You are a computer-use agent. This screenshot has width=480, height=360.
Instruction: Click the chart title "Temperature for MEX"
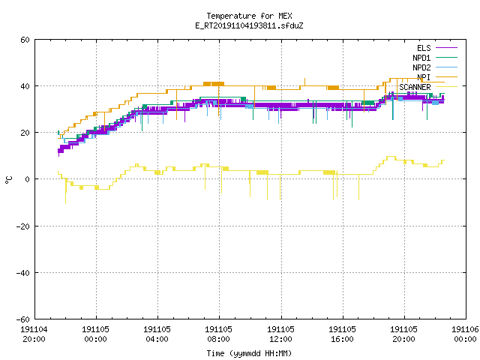(x=249, y=16)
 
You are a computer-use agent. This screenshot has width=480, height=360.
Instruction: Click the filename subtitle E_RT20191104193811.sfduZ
(x=249, y=25)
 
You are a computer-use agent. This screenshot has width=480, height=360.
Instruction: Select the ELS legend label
(x=424, y=48)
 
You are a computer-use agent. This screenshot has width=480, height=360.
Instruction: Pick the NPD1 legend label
(x=421, y=58)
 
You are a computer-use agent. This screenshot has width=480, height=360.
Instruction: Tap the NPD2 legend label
(x=421, y=67)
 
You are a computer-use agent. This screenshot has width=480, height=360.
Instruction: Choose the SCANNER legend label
(x=415, y=87)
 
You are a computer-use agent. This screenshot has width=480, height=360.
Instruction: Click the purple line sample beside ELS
(x=446, y=48)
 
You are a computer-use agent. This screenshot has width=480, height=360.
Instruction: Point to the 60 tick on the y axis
(x=25, y=40)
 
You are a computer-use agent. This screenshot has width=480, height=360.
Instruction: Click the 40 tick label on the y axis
(x=25, y=86)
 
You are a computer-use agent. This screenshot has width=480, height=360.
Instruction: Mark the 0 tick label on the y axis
(x=27, y=179)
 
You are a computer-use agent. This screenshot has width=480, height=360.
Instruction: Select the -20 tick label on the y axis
(x=23, y=226)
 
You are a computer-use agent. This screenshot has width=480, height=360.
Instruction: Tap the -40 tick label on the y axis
(x=23, y=273)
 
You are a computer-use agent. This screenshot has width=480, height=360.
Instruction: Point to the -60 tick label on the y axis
(x=23, y=319)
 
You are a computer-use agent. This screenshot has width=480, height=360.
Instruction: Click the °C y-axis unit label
(x=8, y=180)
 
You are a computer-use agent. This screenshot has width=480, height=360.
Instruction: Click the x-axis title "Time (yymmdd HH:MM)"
(x=249, y=353)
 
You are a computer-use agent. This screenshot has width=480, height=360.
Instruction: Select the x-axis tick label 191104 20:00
(x=34, y=334)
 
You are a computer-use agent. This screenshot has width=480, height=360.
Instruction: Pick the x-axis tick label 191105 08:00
(x=218, y=334)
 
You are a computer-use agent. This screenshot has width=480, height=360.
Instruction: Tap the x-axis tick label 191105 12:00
(x=280, y=334)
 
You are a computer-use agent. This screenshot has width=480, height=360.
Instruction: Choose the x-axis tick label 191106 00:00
(x=465, y=334)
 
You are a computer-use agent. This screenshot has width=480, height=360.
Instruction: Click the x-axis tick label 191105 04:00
(x=157, y=334)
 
